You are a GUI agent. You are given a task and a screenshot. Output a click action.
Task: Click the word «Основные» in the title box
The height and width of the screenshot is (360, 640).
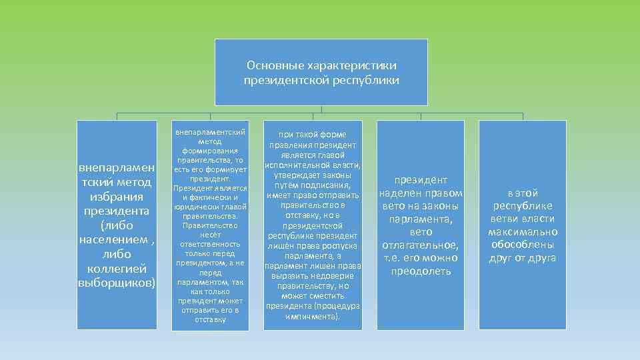[x=275, y=65]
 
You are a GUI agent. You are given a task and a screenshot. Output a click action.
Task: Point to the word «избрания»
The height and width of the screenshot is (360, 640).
[x=117, y=197]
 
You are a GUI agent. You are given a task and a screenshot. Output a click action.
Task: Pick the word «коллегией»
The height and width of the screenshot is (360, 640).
[x=117, y=269]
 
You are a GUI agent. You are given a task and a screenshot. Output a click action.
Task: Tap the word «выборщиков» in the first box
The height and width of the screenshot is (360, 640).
[x=115, y=283]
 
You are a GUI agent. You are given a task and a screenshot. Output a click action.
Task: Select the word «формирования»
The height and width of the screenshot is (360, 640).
[x=210, y=151]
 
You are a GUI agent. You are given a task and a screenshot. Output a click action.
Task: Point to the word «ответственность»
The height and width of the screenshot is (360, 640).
[x=210, y=244]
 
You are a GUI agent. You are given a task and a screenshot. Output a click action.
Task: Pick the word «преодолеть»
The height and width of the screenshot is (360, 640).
[x=421, y=271]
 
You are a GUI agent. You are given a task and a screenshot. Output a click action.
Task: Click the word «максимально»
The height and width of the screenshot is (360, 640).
[x=522, y=232]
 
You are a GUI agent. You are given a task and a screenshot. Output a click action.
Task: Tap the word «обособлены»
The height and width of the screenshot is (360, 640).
[x=522, y=245]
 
